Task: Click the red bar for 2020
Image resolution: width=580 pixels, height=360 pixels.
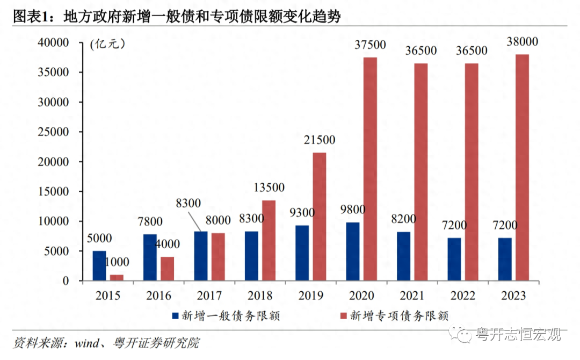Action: click(371, 169)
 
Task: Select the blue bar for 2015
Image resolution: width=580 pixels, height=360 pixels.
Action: click(99, 266)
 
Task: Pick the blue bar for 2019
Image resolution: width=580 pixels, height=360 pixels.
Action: click(302, 253)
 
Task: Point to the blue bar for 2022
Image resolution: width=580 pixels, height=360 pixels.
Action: click(454, 260)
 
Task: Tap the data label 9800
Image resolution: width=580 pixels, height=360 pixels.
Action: click(353, 209)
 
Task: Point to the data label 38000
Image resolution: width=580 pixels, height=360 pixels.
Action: click(523, 42)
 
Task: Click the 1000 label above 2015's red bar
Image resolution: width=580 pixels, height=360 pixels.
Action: click(117, 263)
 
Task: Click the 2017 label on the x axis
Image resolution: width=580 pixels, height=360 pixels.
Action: click(209, 296)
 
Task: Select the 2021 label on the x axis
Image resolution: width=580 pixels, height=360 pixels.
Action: click(412, 296)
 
